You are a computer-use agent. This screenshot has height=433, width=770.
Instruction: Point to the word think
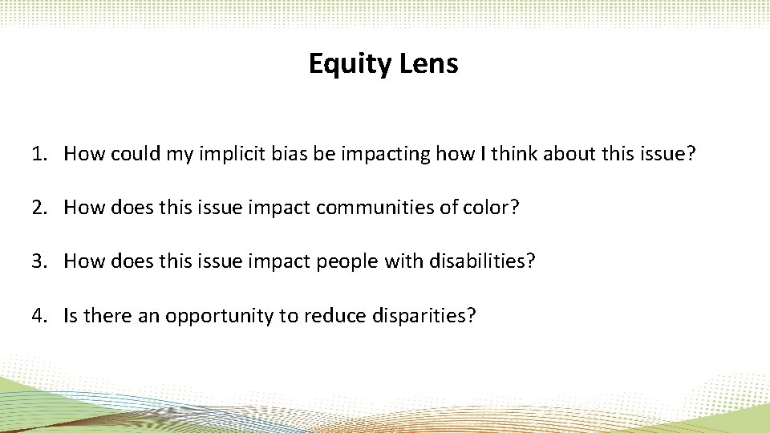(514, 153)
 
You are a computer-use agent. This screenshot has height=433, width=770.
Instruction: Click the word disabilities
(479, 261)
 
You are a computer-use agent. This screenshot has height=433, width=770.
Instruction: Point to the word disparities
(423, 315)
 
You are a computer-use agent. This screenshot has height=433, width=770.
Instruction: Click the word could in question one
(134, 153)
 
